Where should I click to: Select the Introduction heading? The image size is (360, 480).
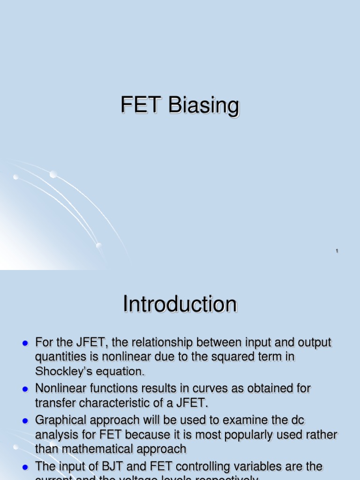[x=180, y=305]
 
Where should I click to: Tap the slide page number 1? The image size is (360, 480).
[x=337, y=252]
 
